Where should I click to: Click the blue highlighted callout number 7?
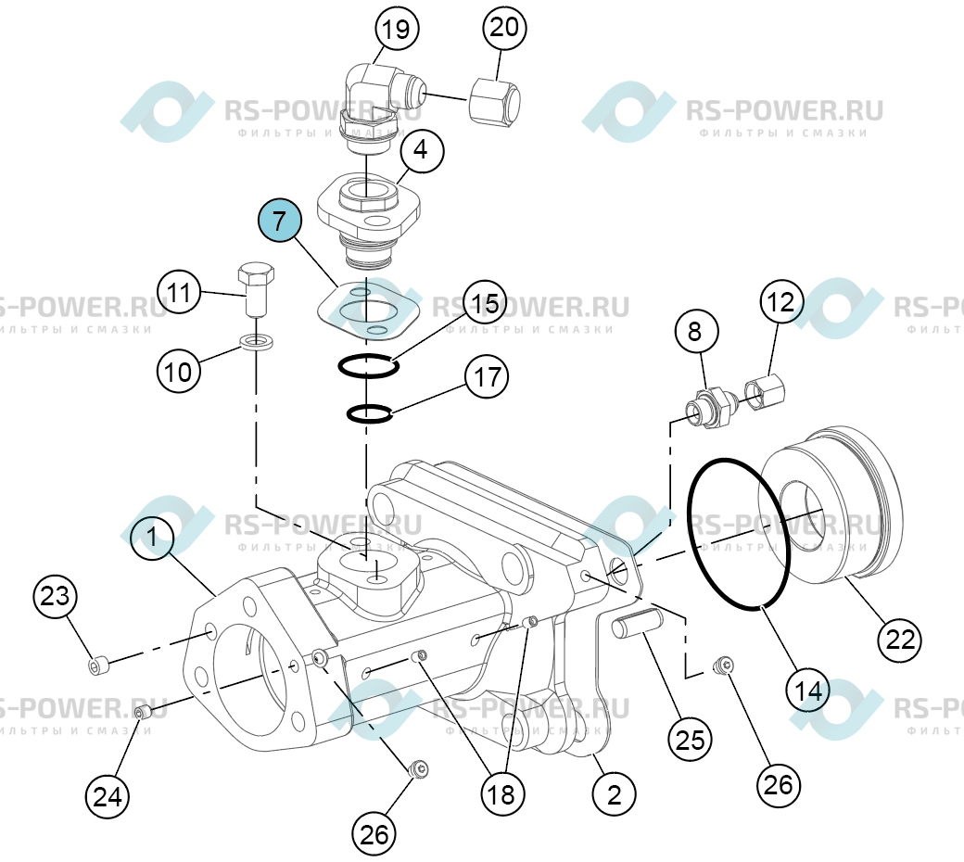pos(280,220)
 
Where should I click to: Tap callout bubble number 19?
pos(397,29)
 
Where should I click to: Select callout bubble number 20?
pos(504,28)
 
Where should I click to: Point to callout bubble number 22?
pos(900,640)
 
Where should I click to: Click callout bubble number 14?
pos(808,691)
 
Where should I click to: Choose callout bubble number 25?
pos(690,740)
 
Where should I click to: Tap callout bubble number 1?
pos(152,537)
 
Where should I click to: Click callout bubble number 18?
pos(502,794)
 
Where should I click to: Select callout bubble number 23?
pos(55,596)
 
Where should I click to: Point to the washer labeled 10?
pos(256,341)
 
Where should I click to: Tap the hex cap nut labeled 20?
pos(495,101)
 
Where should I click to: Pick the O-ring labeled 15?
pos(368,367)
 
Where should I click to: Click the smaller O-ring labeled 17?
pos(369,413)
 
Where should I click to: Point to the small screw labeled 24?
pos(144,713)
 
